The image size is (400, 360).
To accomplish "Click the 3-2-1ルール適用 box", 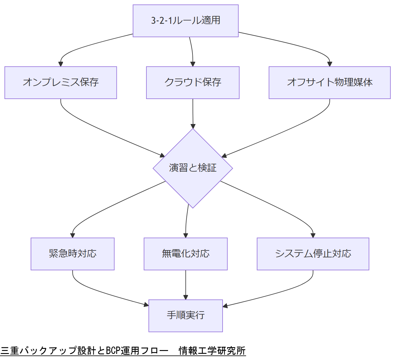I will (186, 21).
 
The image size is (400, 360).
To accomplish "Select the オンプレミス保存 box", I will (61, 82).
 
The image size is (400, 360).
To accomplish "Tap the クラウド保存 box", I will (193, 82).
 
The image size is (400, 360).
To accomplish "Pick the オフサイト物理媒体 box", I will (330, 82).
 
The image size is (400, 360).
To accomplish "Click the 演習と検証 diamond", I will (193, 168).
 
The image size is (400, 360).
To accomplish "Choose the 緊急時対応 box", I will (73, 254).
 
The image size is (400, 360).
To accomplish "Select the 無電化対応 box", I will (186, 254).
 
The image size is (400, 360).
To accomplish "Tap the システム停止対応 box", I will (313, 254).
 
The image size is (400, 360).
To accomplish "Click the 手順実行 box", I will (186, 315).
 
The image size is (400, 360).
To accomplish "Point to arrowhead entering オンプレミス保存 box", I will (61, 64).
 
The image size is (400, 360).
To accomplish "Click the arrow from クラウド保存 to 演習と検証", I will (193, 113).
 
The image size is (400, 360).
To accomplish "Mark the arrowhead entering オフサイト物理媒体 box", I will (330, 64).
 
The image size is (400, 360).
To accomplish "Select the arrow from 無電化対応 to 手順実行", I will (186, 284).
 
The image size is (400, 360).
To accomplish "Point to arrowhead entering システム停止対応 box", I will (313, 235).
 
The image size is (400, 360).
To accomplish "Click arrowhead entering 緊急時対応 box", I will (73, 235).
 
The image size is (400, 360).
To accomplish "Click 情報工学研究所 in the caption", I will (212, 351).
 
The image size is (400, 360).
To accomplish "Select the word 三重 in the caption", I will (10, 351).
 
